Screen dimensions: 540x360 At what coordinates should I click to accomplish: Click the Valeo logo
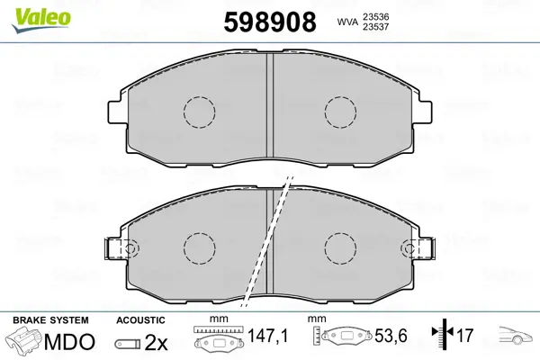click(x=41, y=21)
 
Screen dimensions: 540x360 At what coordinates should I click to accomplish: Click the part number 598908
click(x=270, y=22)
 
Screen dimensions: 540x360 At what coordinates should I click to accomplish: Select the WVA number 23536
click(x=375, y=16)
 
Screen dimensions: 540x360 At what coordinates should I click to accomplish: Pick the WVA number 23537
click(x=375, y=26)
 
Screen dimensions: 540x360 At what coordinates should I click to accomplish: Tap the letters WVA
click(x=347, y=22)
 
